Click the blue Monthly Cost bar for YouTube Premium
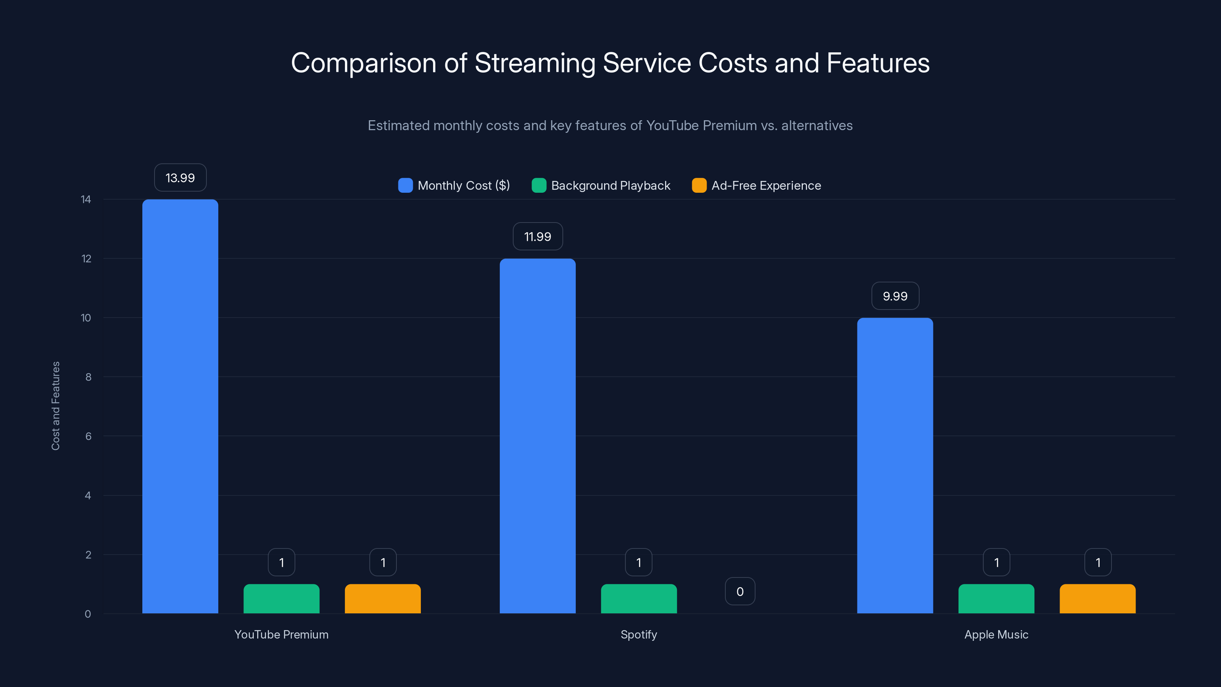pyautogui.click(x=180, y=406)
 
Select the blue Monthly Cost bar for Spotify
pyautogui.click(x=538, y=436)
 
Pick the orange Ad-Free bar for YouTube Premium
pyautogui.click(x=382, y=599)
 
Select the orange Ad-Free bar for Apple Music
pyautogui.click(x=1097, y=599)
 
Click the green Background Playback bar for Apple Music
pyautogui.click(x=996, y=599)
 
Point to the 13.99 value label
pyautogui.click(x=180, y=178)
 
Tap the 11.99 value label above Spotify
pyautogui.click(x=538, y=237)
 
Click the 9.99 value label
pyautogui.click(x=895, y=296)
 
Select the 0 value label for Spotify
pyautogui.click(x=740, y=591)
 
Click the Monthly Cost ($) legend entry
pyautogui.click(x=454, y=185)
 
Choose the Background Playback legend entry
pyautogui.click(x=601, y=185)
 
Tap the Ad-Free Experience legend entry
pyautogui.click(x=757, y=185)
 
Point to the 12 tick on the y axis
pyautogui.click(x=86, y=258)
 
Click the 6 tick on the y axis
pyautogui.click(x=88, y=436)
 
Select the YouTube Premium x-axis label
pyautogui.click(x=281, y=634)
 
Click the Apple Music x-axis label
pyautogui.click(x=996, y=634)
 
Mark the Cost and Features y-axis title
pyautogui.click(x=55, y=406)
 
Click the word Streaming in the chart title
pyautogui.click(x=535, y=63)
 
